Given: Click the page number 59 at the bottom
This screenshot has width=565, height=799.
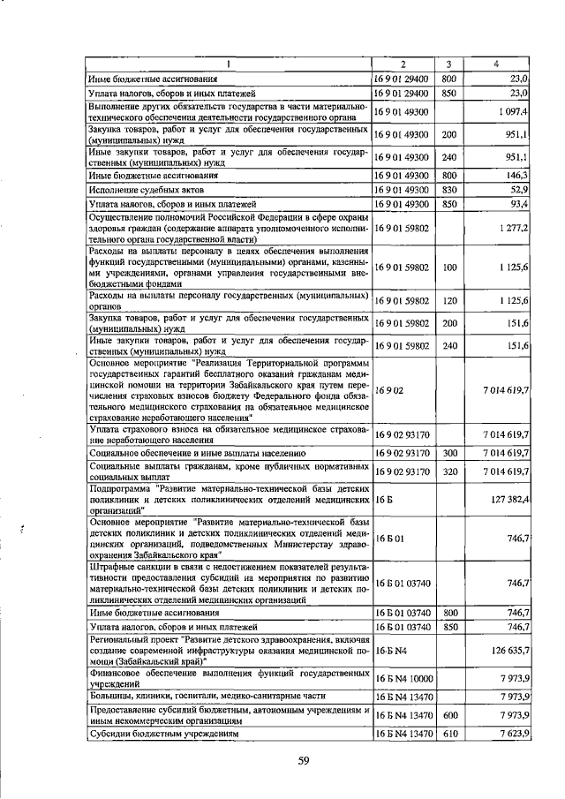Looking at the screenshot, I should click(303, 760).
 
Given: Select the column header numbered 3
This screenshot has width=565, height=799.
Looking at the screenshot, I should click(448, 64).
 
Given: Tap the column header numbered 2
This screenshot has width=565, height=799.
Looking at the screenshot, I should click(403, 64).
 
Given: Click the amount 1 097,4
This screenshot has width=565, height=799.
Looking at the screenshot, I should click(512, 114).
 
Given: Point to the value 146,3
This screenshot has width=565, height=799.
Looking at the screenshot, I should click(516, 176).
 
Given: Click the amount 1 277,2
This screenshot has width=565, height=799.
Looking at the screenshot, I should click(512, 228).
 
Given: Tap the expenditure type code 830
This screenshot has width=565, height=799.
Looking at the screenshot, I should click(448, 190).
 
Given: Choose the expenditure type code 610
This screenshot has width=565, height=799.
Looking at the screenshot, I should click(448, 733).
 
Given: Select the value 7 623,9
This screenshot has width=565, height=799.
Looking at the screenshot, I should click(512, 733).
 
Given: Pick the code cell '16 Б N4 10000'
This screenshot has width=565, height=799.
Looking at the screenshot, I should click(403, 677).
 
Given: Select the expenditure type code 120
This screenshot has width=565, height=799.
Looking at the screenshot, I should click(448, 301).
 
